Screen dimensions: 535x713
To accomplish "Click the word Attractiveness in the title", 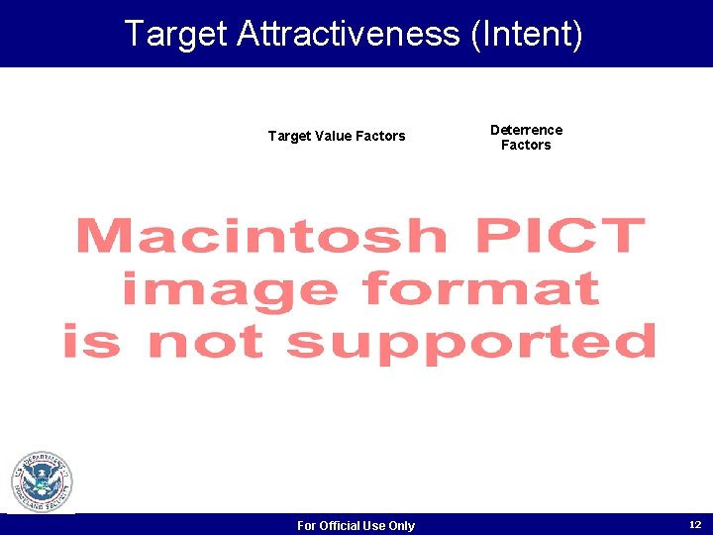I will point(349,34).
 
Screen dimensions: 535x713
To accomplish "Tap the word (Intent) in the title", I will point(527,34).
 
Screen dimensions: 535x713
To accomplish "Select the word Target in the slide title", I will point(175,34).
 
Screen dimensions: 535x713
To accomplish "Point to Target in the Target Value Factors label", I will point(289,136).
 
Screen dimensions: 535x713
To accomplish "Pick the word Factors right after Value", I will point(380,136).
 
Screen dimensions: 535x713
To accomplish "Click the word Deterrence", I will point(526,130).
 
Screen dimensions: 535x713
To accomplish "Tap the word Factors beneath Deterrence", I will point(526,145).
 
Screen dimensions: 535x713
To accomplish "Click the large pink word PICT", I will point(560,238).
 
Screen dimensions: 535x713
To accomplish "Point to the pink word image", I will point(230,290).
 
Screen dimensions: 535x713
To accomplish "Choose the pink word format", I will point(480,290).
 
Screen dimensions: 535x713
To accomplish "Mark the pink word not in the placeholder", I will point(206,343).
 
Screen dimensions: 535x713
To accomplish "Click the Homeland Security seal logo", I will point(42,482).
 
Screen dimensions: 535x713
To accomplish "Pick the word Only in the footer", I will point(401,525).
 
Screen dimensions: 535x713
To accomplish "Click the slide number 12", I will point(694,524).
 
